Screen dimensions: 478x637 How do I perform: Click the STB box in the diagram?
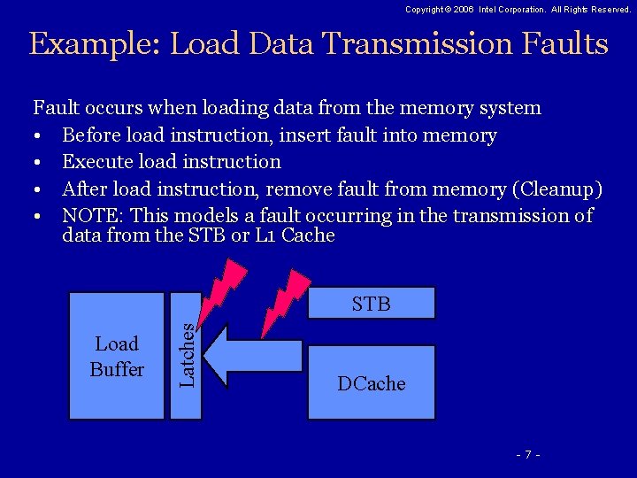[371, 304]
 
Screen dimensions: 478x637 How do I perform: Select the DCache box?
[371, 383]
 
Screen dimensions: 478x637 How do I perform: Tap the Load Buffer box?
[117, 356]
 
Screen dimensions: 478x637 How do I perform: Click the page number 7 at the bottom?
[528, 454]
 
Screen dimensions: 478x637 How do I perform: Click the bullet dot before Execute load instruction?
[40, 163]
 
